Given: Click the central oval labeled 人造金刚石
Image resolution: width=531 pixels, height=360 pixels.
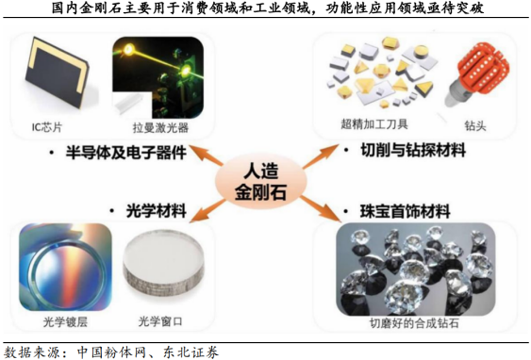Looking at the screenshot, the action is [261, 182].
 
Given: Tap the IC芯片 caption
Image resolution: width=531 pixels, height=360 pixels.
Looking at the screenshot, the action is [47, 127].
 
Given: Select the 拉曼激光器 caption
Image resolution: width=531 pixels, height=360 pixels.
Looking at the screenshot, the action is [160, 127].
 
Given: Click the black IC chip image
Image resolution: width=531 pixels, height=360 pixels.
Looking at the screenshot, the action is [57, 72].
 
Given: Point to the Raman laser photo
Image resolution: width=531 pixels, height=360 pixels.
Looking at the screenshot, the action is [158, 77].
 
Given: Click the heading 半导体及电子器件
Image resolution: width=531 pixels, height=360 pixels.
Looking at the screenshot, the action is [126, 153].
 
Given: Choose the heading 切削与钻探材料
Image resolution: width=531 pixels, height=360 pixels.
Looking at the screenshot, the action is [413, 150].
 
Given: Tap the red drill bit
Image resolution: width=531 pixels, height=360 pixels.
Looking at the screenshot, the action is [477, 74].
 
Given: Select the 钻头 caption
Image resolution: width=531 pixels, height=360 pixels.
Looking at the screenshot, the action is [475, 126].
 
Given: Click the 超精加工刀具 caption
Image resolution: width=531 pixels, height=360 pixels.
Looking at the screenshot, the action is [374, 124].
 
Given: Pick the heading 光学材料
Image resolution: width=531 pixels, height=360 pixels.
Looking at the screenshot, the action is [157, 211].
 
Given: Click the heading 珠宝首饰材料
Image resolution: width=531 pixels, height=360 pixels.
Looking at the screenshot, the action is [405, 212].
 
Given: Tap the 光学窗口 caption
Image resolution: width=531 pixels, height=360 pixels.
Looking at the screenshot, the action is [160, 321].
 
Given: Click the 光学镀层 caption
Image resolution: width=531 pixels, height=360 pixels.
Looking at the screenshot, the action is [65, 321].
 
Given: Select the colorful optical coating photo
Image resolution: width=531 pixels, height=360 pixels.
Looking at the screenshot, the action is [65, 267].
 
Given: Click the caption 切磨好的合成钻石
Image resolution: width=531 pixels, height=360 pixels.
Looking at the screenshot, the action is [414, 323].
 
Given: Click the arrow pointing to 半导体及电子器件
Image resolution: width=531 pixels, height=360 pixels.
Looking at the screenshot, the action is [206, 155].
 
